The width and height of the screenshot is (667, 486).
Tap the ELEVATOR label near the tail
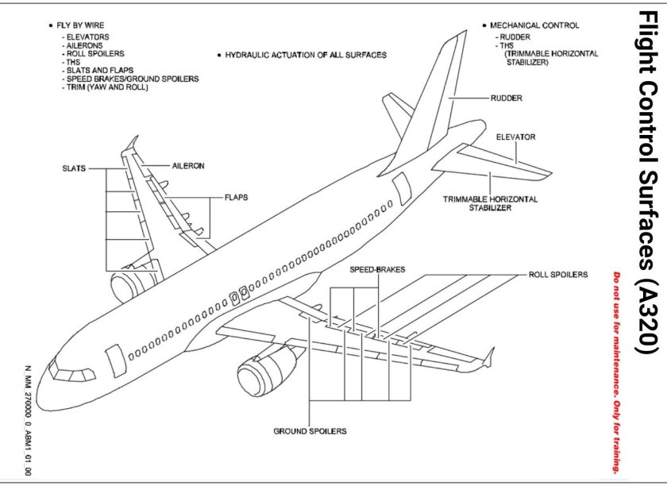click(x=516, y=137)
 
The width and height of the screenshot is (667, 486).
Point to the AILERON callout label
click(x=188, y=166)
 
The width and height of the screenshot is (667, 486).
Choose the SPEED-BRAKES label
click(x=377, y=269)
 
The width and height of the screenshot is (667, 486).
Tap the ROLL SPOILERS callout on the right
click(x=557, y=274)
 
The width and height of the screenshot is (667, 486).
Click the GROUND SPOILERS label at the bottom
click(x=310, y=431)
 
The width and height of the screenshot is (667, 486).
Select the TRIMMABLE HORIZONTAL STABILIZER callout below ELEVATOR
click(x=490, y=203)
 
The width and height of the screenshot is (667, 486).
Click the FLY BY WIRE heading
click(x=82, y=25)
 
